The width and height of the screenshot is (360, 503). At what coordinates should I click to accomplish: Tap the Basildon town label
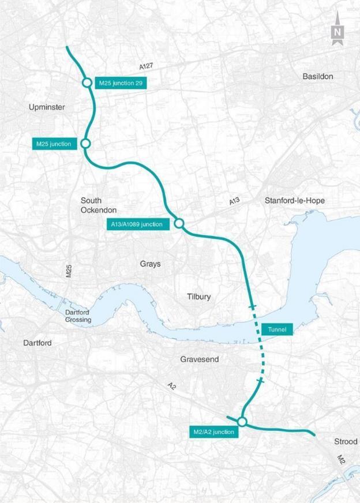coord(317,76)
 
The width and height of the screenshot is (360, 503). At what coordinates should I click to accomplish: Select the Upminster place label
coord(47,107)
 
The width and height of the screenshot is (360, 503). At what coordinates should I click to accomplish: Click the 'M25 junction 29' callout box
coord(120,83)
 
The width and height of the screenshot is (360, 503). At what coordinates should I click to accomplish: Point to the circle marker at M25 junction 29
coord(87,83)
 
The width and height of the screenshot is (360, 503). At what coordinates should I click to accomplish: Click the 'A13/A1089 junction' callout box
coord(137,224)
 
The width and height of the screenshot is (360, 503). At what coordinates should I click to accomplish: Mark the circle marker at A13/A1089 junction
coord(179,223)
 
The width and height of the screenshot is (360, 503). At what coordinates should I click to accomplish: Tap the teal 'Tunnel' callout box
coord(277,329)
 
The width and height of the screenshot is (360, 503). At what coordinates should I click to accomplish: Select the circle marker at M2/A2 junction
coord(242,422)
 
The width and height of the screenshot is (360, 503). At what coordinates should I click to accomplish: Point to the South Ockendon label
coord(99,205)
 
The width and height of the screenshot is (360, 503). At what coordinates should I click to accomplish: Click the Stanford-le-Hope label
coord(294,201)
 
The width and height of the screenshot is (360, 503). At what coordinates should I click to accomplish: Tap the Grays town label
coord(150,264)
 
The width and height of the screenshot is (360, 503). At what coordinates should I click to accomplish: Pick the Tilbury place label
coord(199,296)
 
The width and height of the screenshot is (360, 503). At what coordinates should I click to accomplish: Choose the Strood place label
coord(346,442)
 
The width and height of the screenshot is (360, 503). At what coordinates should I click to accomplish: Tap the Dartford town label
coord(37,343)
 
